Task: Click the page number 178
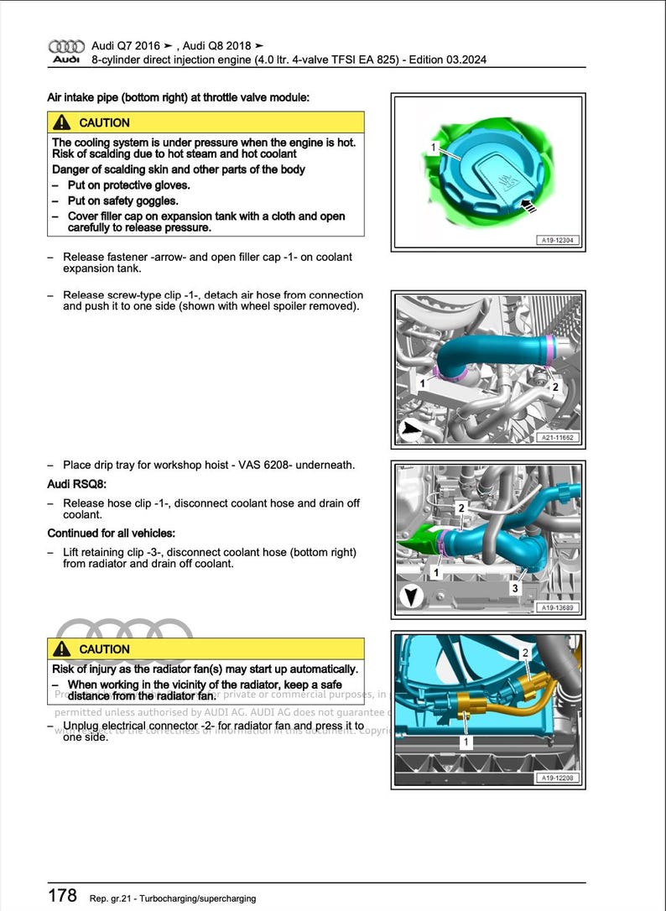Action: (62, 896)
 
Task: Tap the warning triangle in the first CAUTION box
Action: (62, 122)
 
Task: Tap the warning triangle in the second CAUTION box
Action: (62, 649)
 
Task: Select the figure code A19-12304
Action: (557, 241)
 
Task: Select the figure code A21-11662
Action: (557, 438)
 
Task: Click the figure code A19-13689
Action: (557, 608)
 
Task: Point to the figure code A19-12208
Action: (557, 778)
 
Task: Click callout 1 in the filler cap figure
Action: (434, 148)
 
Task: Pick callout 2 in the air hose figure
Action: (554, 388)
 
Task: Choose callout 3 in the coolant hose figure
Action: (515, 588)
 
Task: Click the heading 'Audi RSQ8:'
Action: (77, 484)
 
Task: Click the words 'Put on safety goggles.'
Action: (123, 200)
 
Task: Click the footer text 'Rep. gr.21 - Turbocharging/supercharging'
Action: (172, 898)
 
